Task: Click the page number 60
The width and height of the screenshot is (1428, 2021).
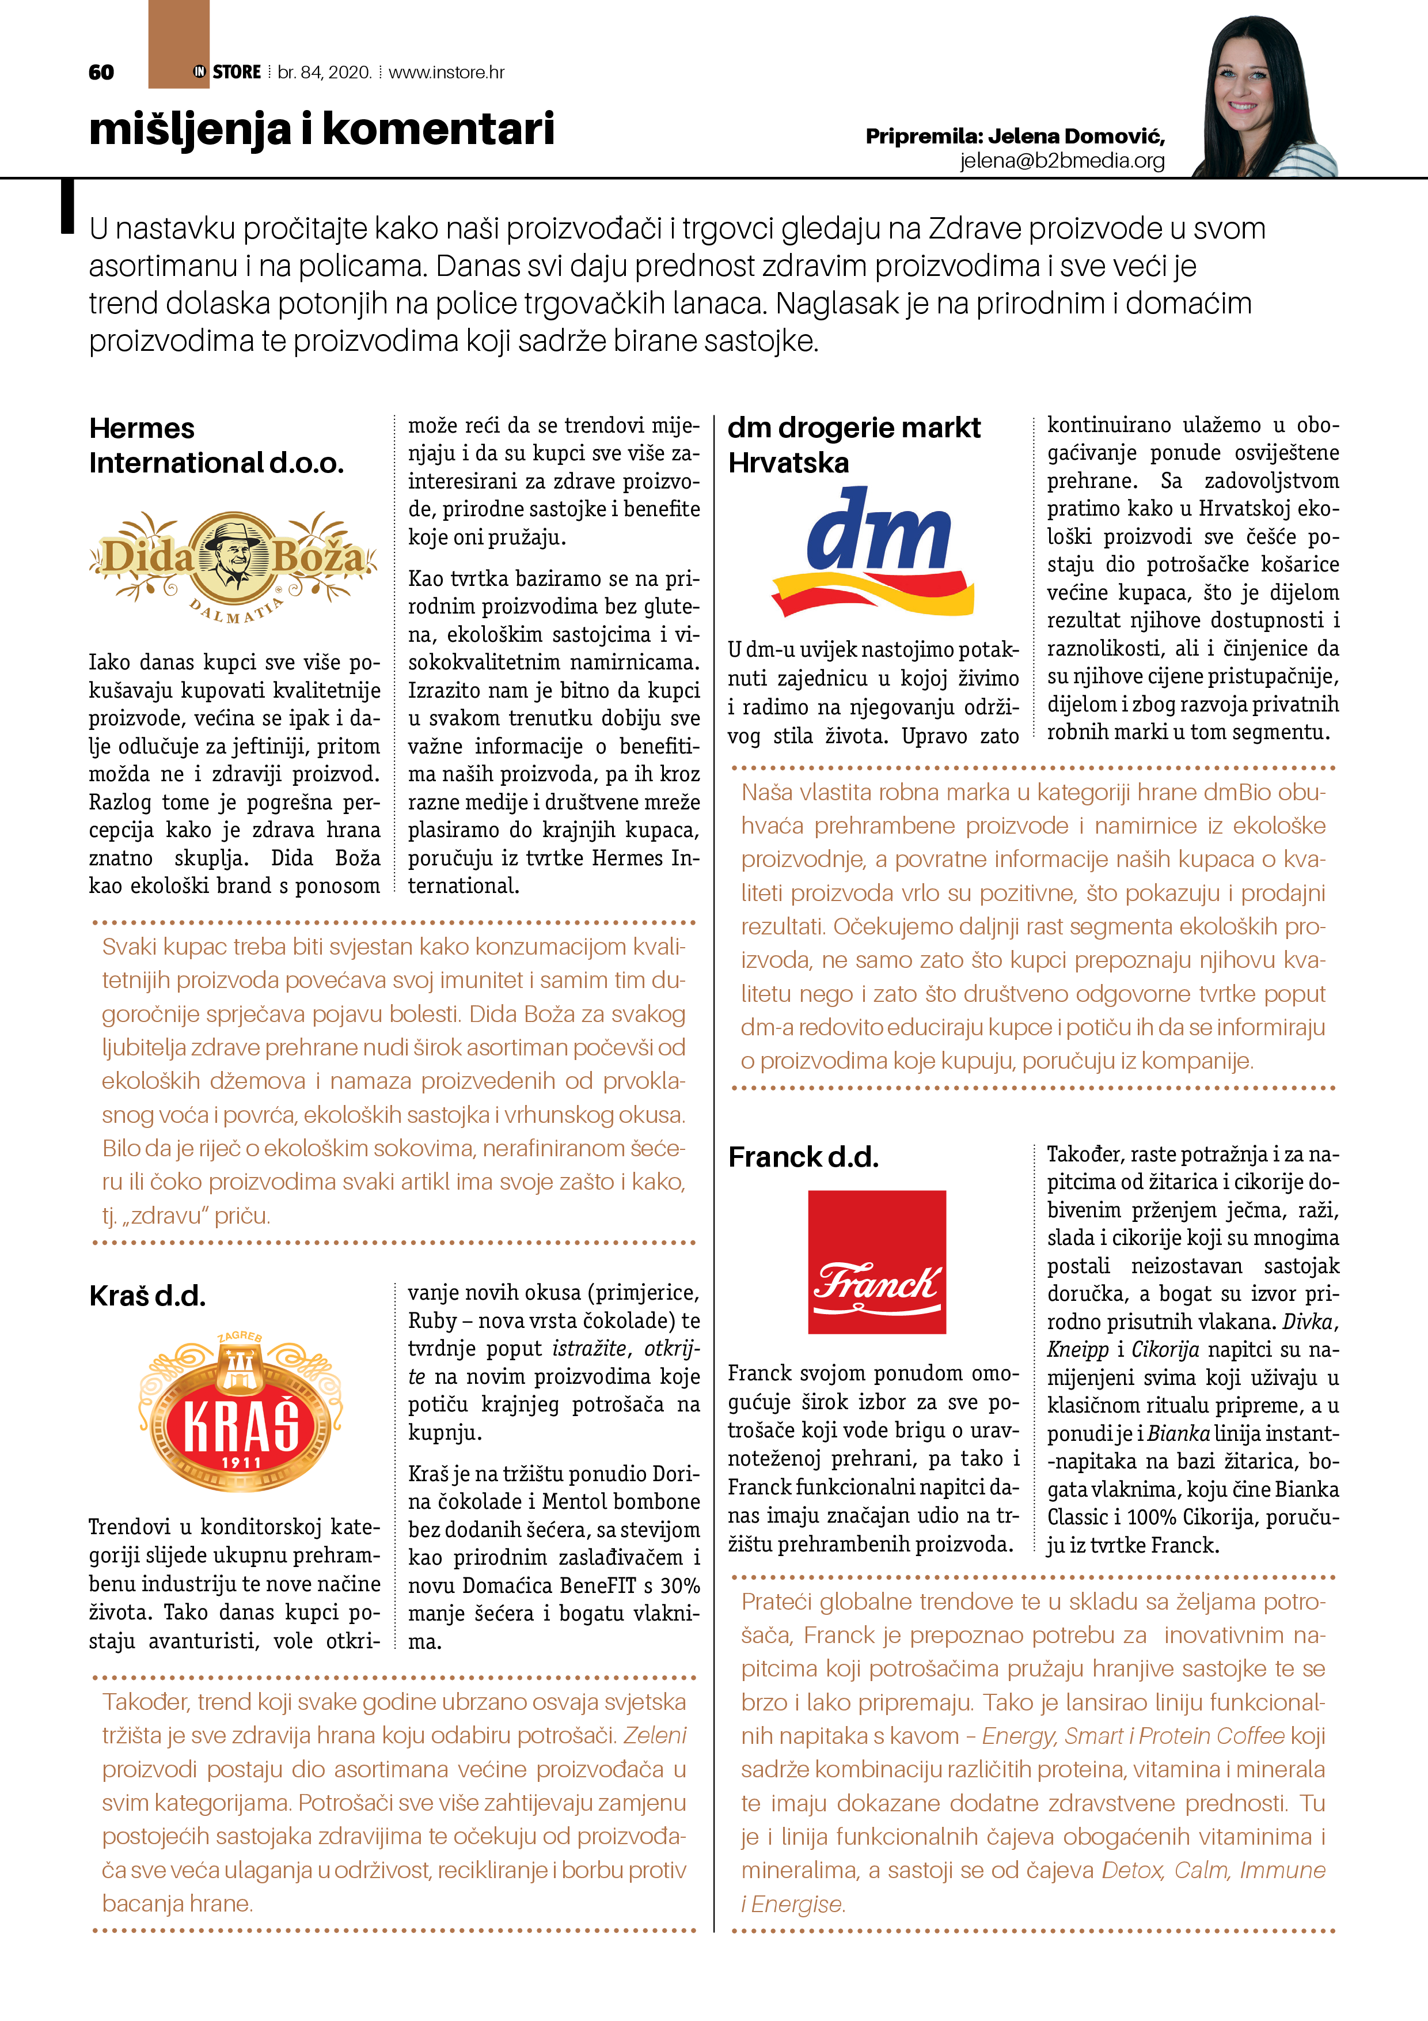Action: coord(101,72)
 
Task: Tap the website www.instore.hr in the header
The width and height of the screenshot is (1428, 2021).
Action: coord(446,72)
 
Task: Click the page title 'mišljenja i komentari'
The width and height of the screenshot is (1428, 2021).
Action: coord(321,130)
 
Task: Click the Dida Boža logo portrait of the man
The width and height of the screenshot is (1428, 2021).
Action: coord(233,557)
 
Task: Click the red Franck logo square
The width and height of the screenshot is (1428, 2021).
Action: coord(877,1261)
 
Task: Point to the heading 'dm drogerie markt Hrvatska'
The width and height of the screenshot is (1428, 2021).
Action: coord(853,445)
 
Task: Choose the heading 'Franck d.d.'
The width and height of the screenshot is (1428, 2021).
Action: coord(803,1157)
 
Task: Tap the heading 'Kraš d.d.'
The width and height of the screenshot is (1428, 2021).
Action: coord(147,1296)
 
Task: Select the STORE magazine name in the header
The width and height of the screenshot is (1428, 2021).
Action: coord(236,72)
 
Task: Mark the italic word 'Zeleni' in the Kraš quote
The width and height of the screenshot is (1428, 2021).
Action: coord(655,1735)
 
